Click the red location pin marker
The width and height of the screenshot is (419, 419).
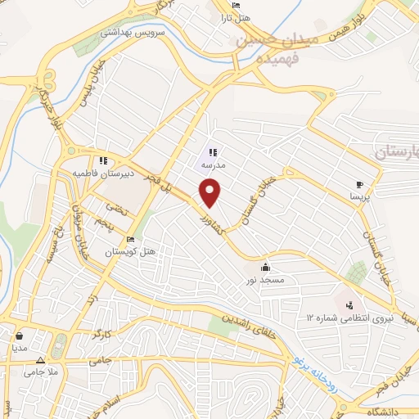[210, 193]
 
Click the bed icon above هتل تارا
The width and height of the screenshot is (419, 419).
[236, 6]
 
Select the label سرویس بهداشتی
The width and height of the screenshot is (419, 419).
[121, 34]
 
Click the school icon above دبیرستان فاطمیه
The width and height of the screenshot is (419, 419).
[102, 161]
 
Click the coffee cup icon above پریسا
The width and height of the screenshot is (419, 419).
[358, 184]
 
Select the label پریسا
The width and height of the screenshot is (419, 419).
[360, 197]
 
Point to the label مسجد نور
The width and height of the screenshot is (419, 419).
[266, 280]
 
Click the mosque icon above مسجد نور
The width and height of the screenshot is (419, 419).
[265, 268]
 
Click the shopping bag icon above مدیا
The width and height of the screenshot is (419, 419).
[19, 335]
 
